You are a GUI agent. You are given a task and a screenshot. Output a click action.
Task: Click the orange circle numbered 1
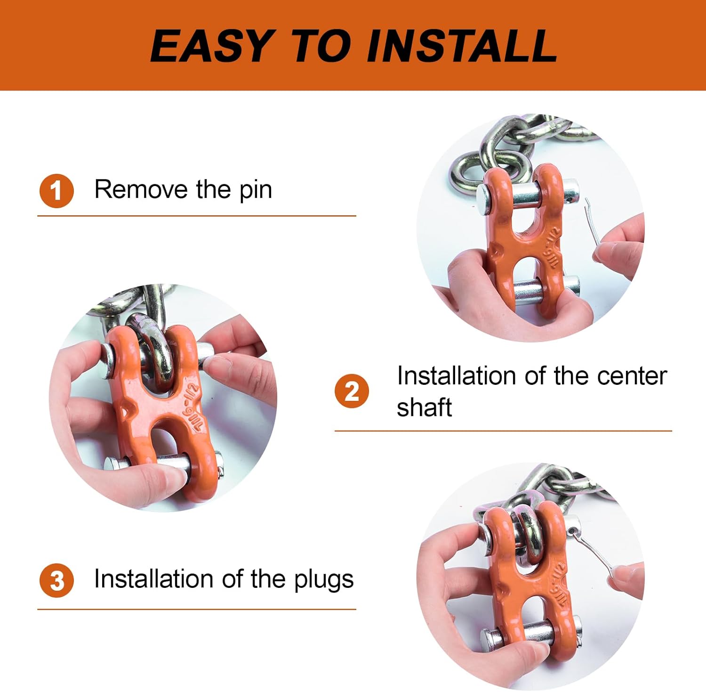[56, 191]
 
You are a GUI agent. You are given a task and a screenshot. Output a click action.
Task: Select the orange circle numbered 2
[352, 391]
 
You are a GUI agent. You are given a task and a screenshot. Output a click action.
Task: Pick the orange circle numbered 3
[56, 580]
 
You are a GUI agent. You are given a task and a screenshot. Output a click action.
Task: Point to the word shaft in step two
[424, 407]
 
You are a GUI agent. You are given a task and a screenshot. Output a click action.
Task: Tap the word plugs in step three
[324, 580]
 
